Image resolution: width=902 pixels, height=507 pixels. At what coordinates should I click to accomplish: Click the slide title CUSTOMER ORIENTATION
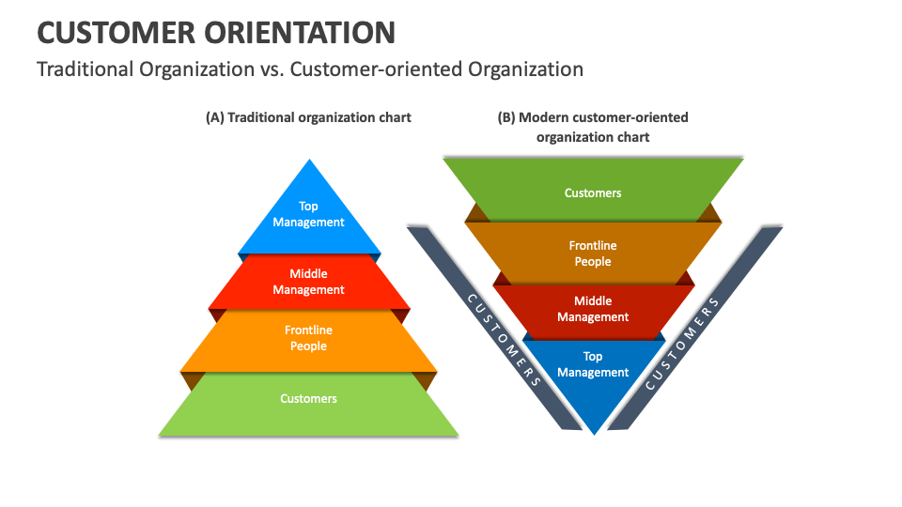click(x=215, y=32)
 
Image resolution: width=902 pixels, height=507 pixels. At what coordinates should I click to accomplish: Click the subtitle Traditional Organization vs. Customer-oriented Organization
click(x=310, y=69)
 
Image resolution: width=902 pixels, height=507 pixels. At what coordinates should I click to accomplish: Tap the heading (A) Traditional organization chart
click(x=308, y=117)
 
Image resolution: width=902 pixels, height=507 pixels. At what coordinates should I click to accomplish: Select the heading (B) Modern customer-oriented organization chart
click(x=592, y=127)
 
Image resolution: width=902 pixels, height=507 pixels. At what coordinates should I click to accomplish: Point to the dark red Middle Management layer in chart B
click(x=593, y=309)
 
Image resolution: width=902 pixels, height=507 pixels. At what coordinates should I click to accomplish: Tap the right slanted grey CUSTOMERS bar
click(x=685, y=338)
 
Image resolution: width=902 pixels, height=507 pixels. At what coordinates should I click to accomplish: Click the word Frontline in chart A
click(x=308, y=330)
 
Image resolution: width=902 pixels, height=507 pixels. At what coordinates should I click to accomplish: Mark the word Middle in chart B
click(x=593, y=301)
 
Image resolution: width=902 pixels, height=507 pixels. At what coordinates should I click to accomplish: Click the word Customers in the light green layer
click(x=308, y=399)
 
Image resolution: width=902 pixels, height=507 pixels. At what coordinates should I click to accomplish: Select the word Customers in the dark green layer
click(x=593, y=193)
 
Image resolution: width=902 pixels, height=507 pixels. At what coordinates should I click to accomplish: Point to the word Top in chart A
click(x=308, y=207)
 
